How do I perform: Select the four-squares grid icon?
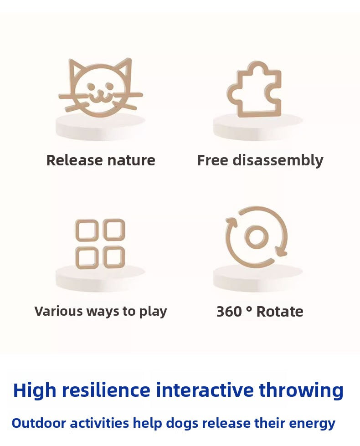click(x=100, y=244)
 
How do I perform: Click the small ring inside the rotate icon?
click(x=257, y=237)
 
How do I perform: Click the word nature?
click(x=132, y=161)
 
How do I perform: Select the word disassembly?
click(x=278, y=161)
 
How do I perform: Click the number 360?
click(x=229, y=312)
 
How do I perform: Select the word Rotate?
click(x=280, y=312)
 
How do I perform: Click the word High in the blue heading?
click(x=35, y=390)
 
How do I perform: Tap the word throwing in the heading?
click(x=301, y=390)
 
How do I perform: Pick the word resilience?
click(x=106, y=390)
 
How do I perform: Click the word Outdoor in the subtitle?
click(x=39, y=423)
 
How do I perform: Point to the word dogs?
click(x=182, y=424)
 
